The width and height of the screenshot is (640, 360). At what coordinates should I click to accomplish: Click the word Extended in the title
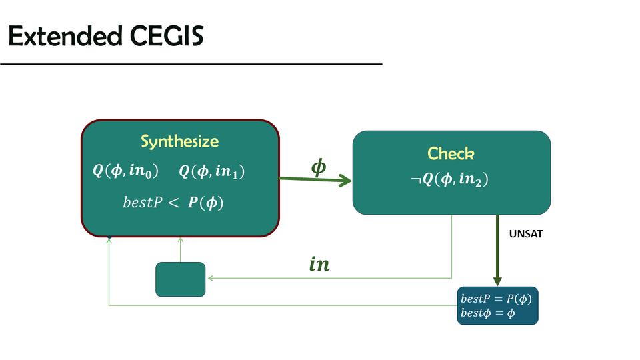[62, 37]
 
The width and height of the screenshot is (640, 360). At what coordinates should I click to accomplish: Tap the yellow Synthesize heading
[179, 141]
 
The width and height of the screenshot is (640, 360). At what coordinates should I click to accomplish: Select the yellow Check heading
[451, 153]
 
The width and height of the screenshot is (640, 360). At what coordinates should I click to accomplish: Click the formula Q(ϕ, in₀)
[125, 171]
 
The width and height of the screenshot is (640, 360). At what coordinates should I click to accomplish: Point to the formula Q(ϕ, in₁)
[212, 171]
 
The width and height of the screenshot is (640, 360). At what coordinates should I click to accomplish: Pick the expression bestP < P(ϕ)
[173, 203]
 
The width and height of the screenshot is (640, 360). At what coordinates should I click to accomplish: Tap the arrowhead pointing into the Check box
[345, 180]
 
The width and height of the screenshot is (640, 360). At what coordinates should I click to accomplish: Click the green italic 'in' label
[319, 265]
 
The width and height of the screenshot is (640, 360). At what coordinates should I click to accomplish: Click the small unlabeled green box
[180, 279]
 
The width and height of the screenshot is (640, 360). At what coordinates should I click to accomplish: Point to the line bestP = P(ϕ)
[497, 299]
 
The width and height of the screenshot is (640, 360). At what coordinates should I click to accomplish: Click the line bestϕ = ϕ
[487, 313]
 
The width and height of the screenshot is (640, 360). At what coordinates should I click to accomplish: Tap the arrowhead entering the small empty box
[209, 279]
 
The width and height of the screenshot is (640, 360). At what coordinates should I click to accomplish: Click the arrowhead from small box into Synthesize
[180, 240]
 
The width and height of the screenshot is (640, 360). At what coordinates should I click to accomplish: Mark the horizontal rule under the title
[191, 64]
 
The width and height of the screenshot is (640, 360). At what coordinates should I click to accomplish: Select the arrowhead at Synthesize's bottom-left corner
[109, 239]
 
